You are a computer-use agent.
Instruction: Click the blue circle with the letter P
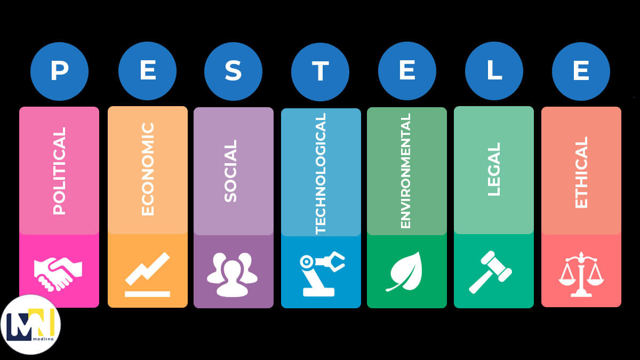[59, 71]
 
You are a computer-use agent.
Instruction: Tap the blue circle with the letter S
[233, 71]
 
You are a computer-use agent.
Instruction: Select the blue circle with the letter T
[320, 71]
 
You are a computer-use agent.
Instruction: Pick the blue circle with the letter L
[494, 71]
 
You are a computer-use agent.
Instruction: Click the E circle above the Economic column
[147, 71]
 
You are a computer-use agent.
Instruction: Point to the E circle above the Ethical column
[581, 71]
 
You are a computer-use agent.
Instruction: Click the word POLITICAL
[59, 171]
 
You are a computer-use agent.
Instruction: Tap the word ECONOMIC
[148, 169]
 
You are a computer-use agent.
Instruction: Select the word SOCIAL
[230, 171]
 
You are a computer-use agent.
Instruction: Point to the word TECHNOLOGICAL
[321, 174]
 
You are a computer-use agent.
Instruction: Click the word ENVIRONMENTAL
[405, 171]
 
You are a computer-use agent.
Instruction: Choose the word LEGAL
[494, 169]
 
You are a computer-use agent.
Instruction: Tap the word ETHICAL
[581, 172]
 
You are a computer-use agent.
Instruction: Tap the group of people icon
[233, 275]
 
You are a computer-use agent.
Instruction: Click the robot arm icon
[321, 274]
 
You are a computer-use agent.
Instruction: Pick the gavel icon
[490, 272]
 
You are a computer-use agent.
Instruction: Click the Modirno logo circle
[30, 325]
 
